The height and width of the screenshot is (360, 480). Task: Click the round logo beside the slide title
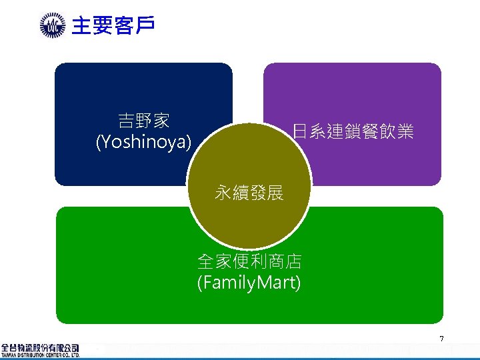(52, 27)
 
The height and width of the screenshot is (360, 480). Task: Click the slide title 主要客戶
(113, 26)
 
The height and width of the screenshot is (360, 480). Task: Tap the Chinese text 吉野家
(143, 121)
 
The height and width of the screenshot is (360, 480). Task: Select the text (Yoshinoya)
(143, 142)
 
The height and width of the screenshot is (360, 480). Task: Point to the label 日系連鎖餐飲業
(353, 131)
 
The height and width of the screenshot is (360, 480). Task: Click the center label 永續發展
(249, 193)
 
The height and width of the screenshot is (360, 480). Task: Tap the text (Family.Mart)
(249, 283)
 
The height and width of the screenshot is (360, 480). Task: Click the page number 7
(441, 340)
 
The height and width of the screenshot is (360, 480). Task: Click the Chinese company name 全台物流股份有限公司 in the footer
(40, 347)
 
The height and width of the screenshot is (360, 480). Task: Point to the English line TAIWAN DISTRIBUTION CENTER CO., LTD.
(40, 355)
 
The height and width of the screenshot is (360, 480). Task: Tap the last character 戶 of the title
(145, 26)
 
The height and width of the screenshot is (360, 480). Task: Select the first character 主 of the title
(81, 26)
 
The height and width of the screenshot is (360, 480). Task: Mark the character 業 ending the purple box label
(405, 131)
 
